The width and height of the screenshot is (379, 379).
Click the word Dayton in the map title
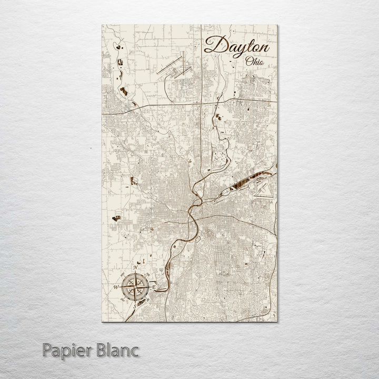236,46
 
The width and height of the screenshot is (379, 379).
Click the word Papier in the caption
64,350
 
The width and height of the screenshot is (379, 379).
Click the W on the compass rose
116,287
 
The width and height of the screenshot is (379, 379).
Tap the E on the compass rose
153,286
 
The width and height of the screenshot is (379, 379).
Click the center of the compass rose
135,287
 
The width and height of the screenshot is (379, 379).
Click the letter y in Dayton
235,49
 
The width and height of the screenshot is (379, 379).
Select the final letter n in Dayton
263,47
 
